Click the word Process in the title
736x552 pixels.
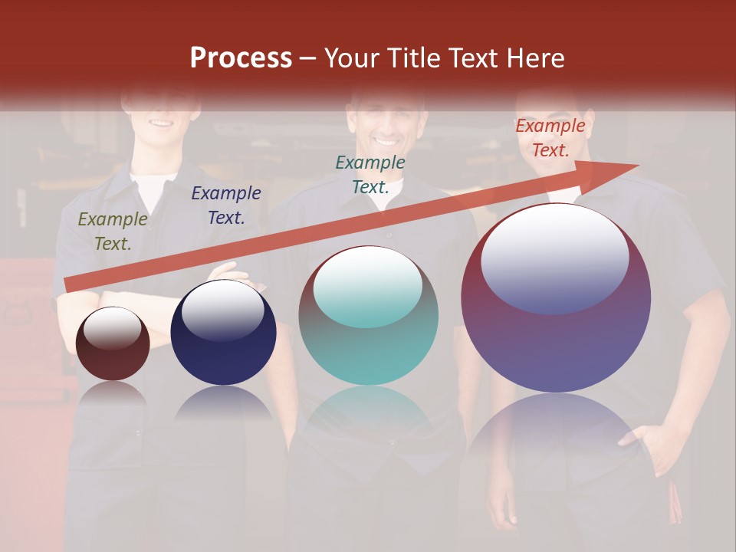point(241,58)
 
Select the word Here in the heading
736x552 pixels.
point(535,58)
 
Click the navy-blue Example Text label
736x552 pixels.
point(226,205)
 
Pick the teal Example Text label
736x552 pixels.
point(370,174)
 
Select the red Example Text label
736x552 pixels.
point(550,138)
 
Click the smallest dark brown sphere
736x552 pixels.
point(113,353)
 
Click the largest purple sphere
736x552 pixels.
point(556,345)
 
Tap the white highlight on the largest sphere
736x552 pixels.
point(555,257)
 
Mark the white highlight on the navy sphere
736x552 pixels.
point(223,310)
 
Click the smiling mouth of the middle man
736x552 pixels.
point(386,142)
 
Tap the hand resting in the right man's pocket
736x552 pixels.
point(644,441)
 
